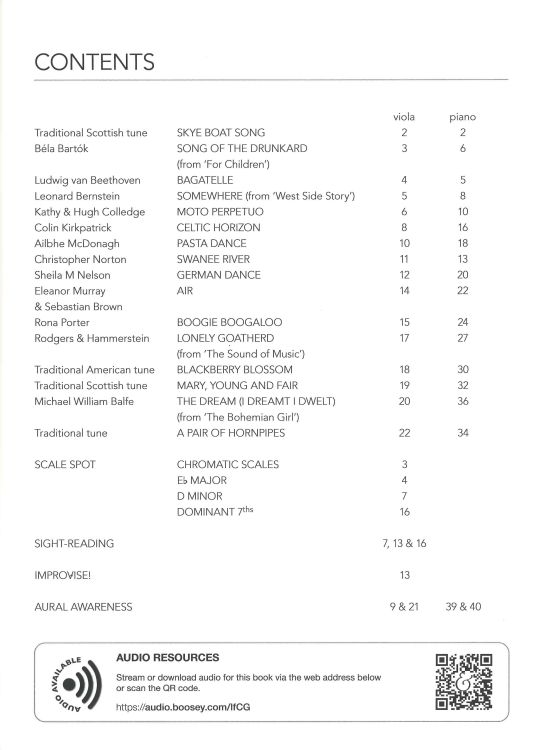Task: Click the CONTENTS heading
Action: (x=94, y=62)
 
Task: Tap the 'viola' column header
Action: (x=405, y=117)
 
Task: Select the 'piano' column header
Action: (x=462, y=117)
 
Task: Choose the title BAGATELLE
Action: (x=205, y=180)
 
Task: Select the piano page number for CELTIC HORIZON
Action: (x=462, y=228)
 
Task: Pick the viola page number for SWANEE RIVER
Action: (x=405, y=259)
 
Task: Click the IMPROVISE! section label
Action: (x=66, y=575)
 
